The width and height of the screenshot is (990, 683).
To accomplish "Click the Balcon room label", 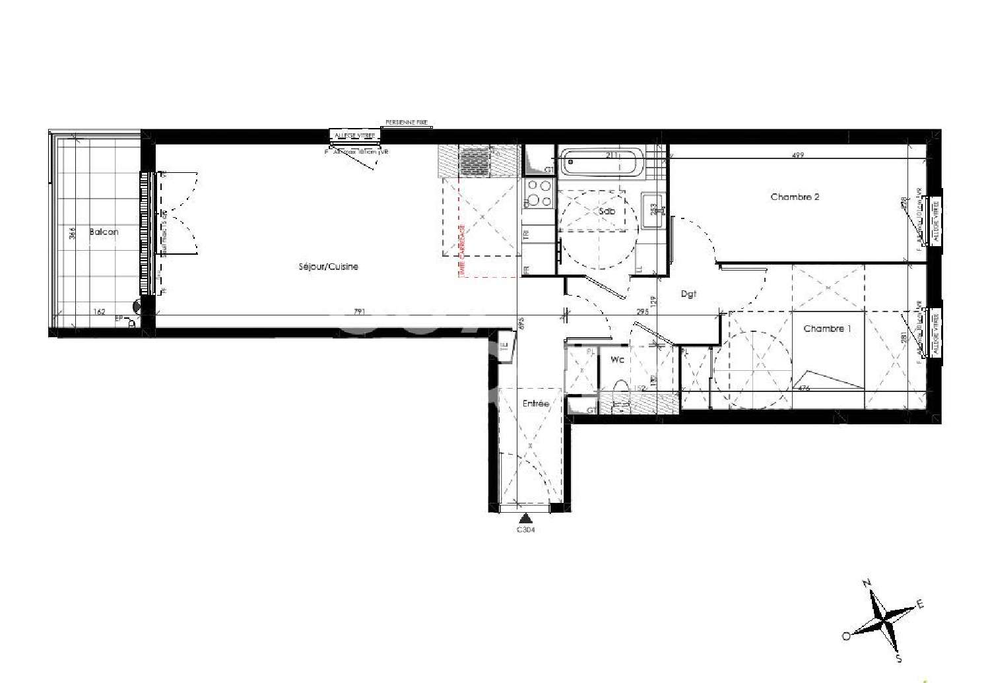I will point(104,232).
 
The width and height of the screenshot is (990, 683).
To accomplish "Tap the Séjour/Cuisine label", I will point(329,267).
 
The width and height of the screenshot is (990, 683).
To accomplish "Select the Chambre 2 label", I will point(795,197).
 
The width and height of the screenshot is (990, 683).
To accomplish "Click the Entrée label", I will point(535,403).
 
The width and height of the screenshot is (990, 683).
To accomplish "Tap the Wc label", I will point(617,360).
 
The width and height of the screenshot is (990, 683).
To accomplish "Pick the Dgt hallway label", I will point(688,294).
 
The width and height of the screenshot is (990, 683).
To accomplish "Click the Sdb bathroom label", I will point(607,211).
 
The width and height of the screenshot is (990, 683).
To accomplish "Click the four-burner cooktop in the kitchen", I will point(538,193).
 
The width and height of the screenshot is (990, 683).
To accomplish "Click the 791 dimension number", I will point(359,311).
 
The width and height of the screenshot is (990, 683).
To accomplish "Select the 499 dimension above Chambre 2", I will point(797,155).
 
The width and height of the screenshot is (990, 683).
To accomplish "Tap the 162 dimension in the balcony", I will point(99,311).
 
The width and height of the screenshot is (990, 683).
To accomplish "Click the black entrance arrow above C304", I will point(525,518).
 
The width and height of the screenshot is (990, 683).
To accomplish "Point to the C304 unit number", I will point(525,529).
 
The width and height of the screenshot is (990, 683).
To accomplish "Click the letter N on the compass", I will point(867,583).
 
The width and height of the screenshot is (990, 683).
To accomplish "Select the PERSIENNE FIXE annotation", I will point(407,123).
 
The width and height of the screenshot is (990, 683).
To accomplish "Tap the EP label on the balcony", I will point(119,319).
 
